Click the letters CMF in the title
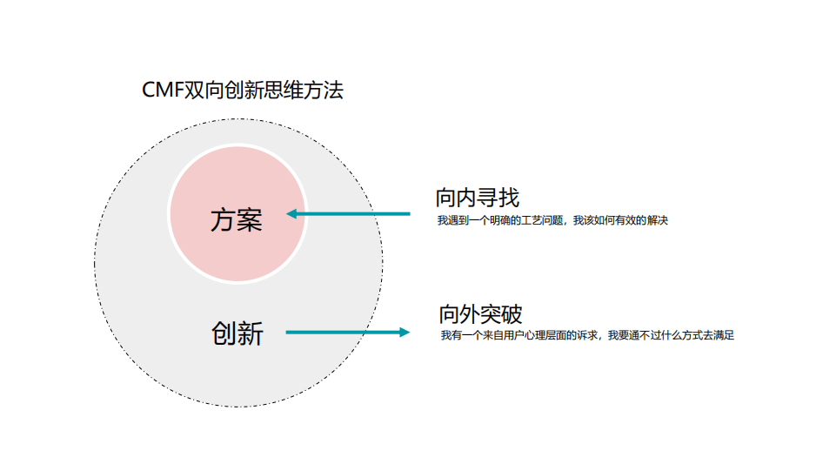click(163, 90)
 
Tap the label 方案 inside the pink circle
click(236, 220)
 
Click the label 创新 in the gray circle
click(237, 333)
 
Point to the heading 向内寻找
click(478, 198)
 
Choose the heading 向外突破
click(481, 313)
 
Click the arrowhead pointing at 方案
click(293, 213)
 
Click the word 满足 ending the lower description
click(725, 335)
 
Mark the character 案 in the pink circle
click(249, 220)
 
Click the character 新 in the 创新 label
click(251, 333)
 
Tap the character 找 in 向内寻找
click(509, 198)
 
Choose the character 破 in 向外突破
click(512, 313)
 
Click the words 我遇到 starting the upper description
click(451, 221)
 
